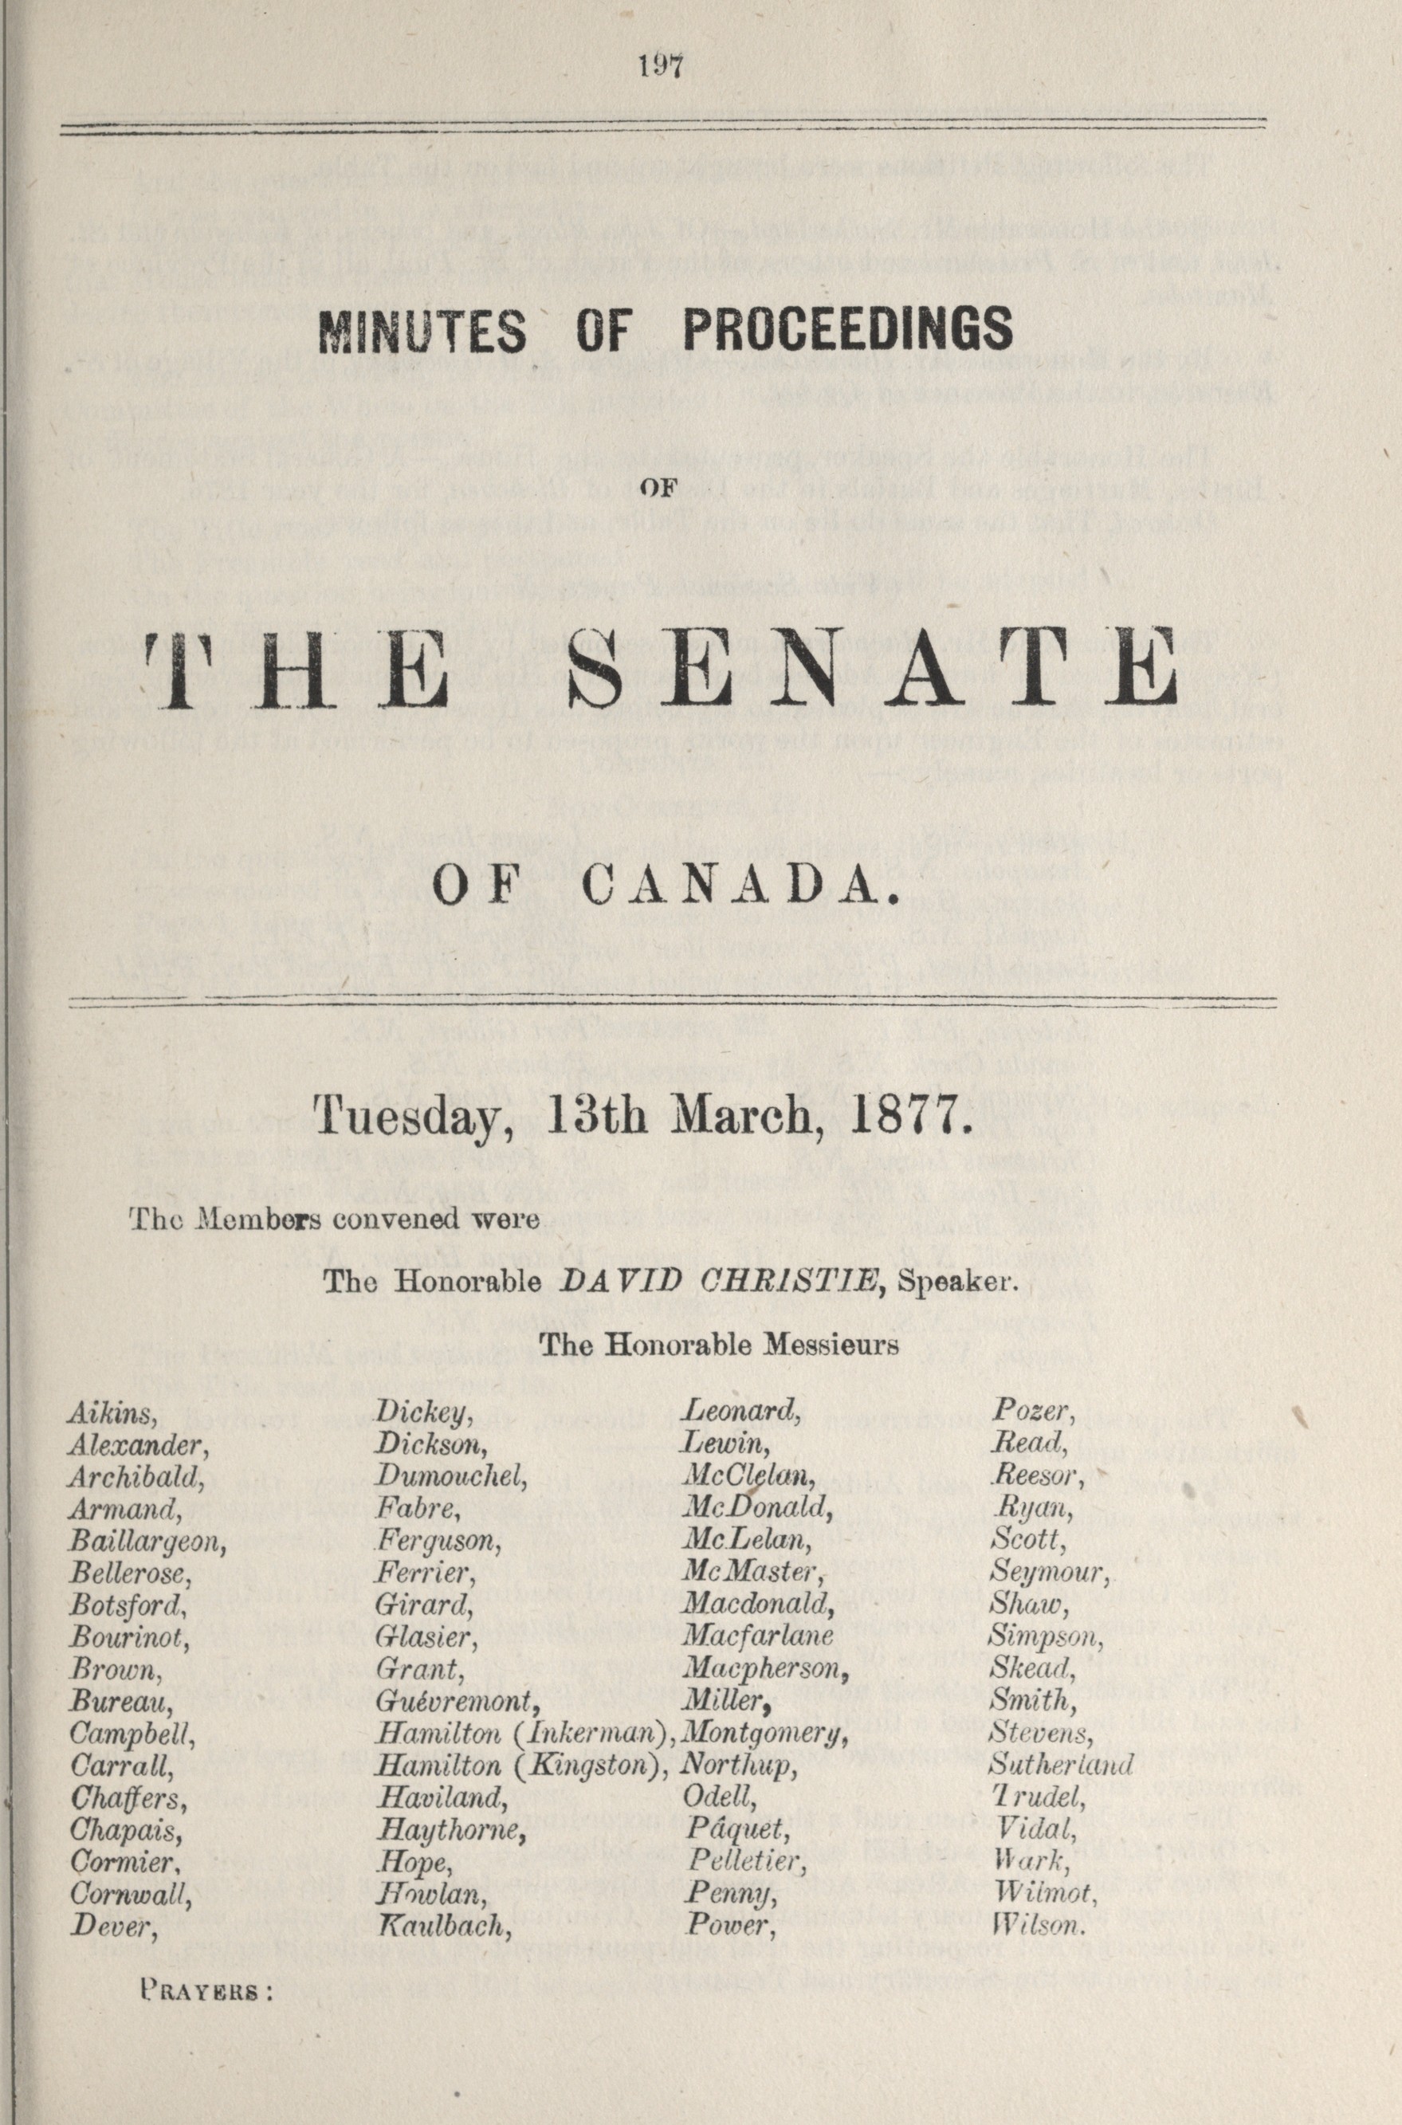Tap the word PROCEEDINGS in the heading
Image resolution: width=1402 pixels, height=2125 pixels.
pos(847,330)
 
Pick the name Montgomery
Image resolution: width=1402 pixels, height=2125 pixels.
pos(764,1734)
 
